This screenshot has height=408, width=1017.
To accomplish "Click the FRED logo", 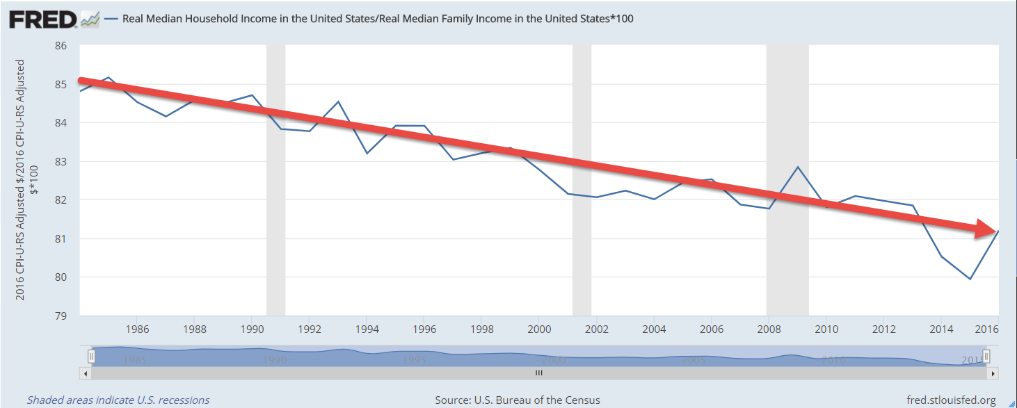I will [x=42, y=19].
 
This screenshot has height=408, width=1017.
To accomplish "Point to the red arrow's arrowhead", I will [x=986, y=229].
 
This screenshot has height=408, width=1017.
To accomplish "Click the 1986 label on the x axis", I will [x=137, y=328].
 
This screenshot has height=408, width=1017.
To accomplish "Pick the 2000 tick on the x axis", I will [x=539, y=328].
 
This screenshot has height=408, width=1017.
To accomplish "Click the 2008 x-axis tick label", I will [x=769, y=328].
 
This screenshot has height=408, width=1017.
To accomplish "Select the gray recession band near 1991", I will [x=276, y=181].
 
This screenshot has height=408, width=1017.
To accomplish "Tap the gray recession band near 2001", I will [x=582, y=181].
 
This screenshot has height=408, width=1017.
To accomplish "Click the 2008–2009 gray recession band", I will [x=787, y=181].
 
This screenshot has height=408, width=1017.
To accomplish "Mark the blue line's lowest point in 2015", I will [x=970, y=279].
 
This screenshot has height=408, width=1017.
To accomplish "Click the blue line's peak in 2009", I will [x=797, y=167].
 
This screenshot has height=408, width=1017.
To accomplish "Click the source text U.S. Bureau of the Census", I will [x=518, y=400].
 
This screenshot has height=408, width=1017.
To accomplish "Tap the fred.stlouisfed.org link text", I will [x=952, y=400].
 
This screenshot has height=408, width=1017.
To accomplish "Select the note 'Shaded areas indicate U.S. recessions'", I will [x=118, y=400].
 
